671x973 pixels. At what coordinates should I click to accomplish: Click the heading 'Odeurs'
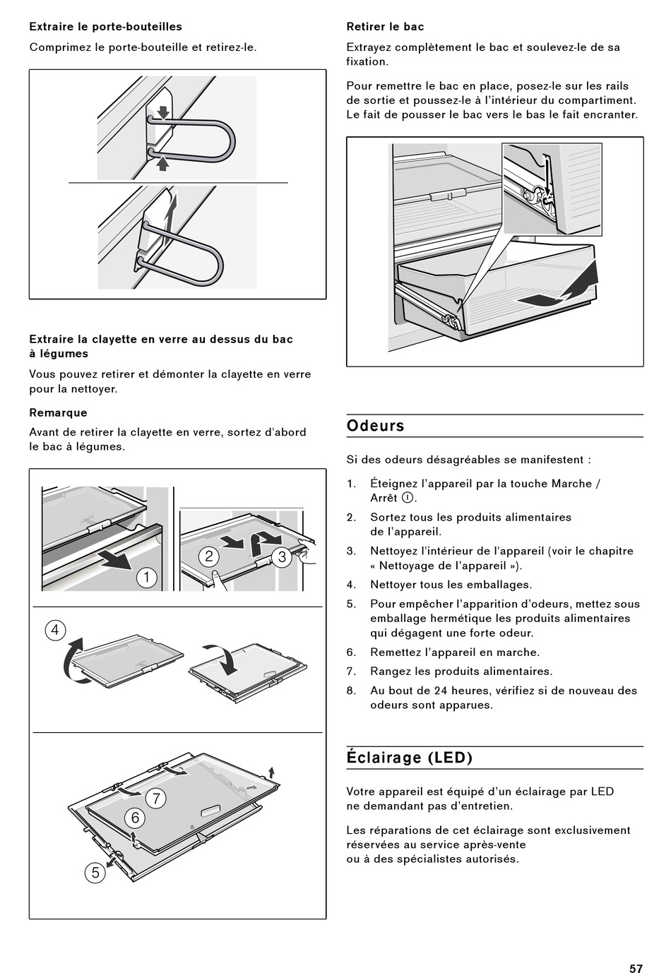[375, 426]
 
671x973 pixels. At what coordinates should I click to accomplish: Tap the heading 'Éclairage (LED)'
[410, 758]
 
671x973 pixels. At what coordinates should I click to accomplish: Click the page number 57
[636, 968]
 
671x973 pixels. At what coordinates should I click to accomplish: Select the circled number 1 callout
[146, 578]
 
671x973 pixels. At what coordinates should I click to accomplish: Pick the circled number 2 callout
[209, 556]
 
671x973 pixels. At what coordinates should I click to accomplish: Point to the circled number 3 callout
[282, 557]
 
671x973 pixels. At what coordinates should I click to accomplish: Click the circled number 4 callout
[55, 631]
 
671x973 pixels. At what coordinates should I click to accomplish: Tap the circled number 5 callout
[95, 873]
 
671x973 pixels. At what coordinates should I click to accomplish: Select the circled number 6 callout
[135, 818]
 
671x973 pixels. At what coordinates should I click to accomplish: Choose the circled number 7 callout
[156, 799]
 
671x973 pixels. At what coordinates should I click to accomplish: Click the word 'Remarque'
[58, 412]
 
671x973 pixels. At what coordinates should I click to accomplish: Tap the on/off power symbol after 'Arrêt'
[408, 498]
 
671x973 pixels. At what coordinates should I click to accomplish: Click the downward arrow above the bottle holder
[163, 112]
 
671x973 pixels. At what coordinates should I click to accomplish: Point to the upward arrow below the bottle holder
[162, 164]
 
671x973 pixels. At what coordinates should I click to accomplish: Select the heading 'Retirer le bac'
[385, 27]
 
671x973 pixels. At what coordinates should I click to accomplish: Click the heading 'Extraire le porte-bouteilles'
[106, 27]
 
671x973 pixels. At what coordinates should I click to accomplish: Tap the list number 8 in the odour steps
[351, 691]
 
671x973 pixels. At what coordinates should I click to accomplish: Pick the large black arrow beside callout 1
[116, 559]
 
